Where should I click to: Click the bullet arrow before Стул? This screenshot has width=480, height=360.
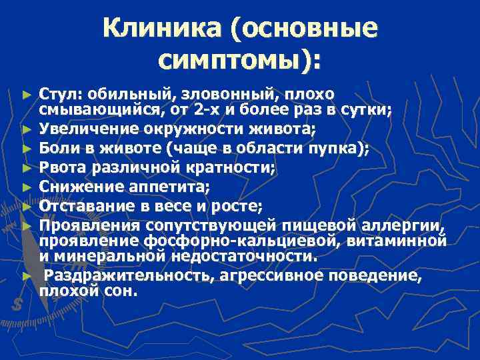click(x=26, y=93)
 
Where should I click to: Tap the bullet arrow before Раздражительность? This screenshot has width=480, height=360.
click(x=26, y=275)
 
